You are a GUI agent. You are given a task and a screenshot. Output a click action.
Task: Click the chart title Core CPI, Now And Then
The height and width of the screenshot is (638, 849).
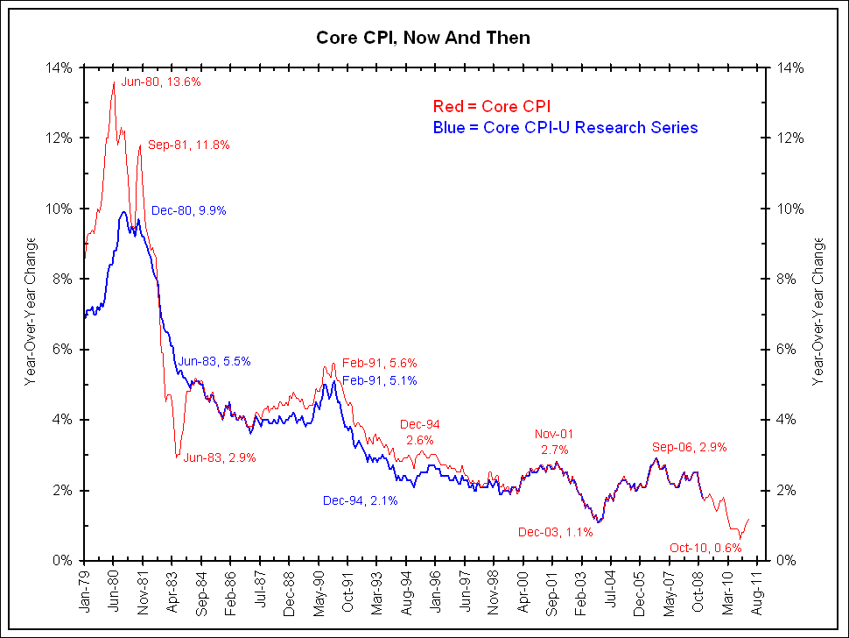tap(423, 38)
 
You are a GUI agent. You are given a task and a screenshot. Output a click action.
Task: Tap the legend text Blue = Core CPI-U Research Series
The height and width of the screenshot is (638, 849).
tap(565, 128)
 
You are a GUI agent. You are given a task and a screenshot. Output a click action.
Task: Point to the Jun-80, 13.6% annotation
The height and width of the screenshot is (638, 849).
tap(162, 82)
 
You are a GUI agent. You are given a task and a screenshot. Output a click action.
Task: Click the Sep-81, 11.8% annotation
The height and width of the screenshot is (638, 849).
tap(188, 145)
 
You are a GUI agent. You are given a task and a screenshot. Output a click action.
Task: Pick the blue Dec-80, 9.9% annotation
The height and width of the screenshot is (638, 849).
tap(189, 210)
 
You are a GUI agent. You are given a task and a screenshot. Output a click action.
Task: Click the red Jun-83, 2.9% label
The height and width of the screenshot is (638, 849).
tap(219, 457)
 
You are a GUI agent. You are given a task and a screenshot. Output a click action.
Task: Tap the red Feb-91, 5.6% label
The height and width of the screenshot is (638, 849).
tap(379, 363)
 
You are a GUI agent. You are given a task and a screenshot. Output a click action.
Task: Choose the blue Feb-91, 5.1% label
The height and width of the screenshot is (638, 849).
tap(379, 380)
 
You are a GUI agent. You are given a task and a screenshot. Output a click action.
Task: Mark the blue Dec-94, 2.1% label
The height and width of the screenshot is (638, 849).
tap(361, 500)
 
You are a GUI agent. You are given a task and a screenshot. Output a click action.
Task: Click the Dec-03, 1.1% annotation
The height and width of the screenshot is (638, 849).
tap(556, 531)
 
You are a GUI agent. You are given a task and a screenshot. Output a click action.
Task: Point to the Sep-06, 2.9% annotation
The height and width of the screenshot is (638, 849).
tap(689, 447)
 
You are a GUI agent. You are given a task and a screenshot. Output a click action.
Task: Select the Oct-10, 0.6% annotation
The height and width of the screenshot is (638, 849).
tap(705, 548)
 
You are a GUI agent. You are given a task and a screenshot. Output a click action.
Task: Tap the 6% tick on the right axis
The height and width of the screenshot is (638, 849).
tap(784, 349)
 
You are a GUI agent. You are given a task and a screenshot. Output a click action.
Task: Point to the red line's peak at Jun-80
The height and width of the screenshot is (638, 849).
tap(114, 82)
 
